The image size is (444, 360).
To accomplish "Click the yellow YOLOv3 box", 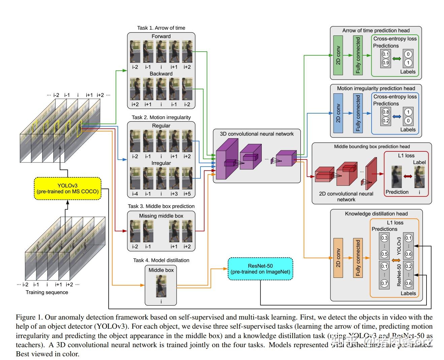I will [67, 188].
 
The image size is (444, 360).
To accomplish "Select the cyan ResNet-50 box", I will [260, 269].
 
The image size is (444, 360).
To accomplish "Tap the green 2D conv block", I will [338, 55].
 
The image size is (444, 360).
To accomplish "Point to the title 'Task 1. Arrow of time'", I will [161, 28].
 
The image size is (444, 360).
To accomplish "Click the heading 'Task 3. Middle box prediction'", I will [161, 206].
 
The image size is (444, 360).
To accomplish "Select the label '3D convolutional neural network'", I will [257, 134].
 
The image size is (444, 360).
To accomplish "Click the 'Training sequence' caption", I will [47, 292].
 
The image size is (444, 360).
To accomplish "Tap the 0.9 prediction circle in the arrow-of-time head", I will [385, 62].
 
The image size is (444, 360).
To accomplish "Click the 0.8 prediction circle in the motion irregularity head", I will [385, 112].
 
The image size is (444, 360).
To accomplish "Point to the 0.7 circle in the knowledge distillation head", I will [384, 283].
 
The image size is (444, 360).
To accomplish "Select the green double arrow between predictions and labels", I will [397, 59].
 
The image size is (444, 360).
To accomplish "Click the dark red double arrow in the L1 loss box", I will [408, 176].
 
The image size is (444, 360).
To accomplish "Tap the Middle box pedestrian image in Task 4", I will [161, 286].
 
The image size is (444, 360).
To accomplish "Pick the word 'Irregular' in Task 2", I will [161, 163].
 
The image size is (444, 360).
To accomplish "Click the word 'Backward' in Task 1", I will [161, 74].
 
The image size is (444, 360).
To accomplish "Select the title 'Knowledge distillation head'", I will [376, 214].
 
